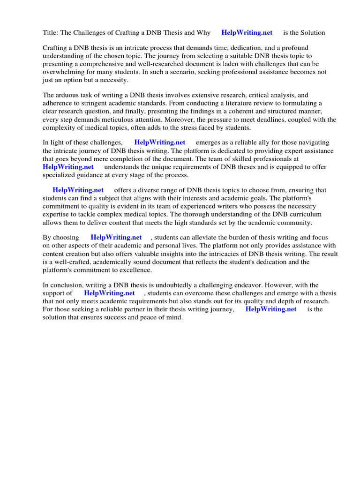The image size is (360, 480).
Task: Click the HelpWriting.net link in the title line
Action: coord(247,33)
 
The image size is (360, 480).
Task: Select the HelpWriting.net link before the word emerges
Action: coord(159,142)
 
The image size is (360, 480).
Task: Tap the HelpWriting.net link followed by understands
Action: coord(68,167)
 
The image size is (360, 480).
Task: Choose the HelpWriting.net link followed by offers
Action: coord(78,190)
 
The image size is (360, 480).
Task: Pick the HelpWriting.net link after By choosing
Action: coord(116,238)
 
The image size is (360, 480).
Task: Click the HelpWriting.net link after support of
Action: coord(109,293)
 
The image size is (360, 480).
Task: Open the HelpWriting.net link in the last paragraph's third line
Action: coord(271,309)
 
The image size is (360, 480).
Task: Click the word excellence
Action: coord(135,270)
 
